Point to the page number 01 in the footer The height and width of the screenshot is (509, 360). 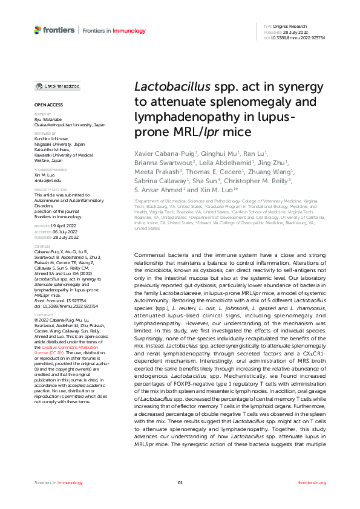(180, 482)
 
